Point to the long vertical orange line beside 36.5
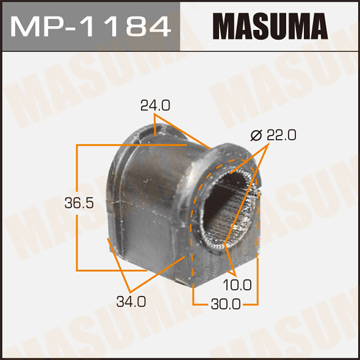pos(78,190)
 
